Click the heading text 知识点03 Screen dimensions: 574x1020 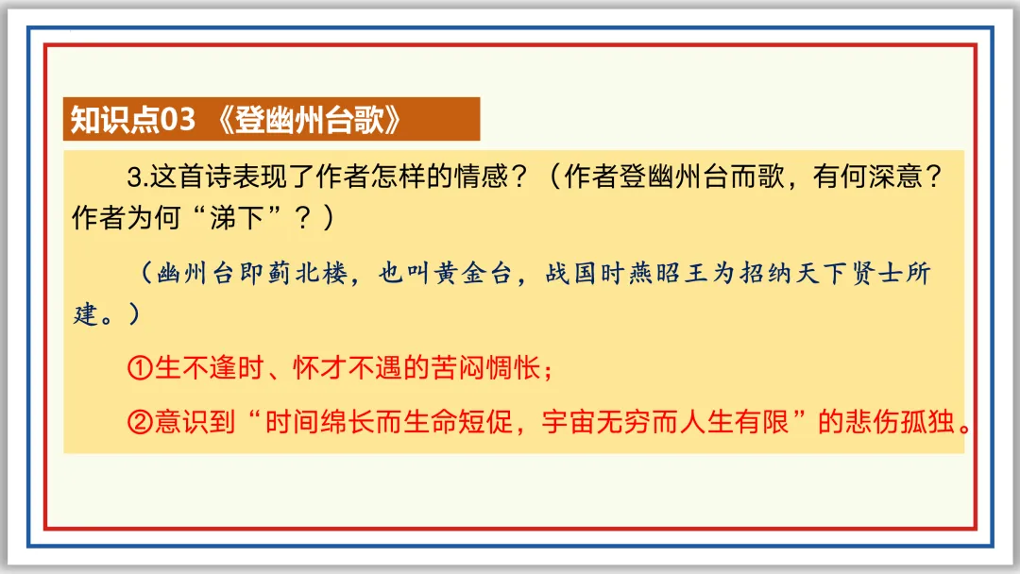[132, 120]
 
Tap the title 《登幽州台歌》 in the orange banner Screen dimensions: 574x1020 [308, 120]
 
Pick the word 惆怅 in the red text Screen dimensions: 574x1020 [512, 369]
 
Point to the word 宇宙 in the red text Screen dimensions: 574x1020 [566, 422]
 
